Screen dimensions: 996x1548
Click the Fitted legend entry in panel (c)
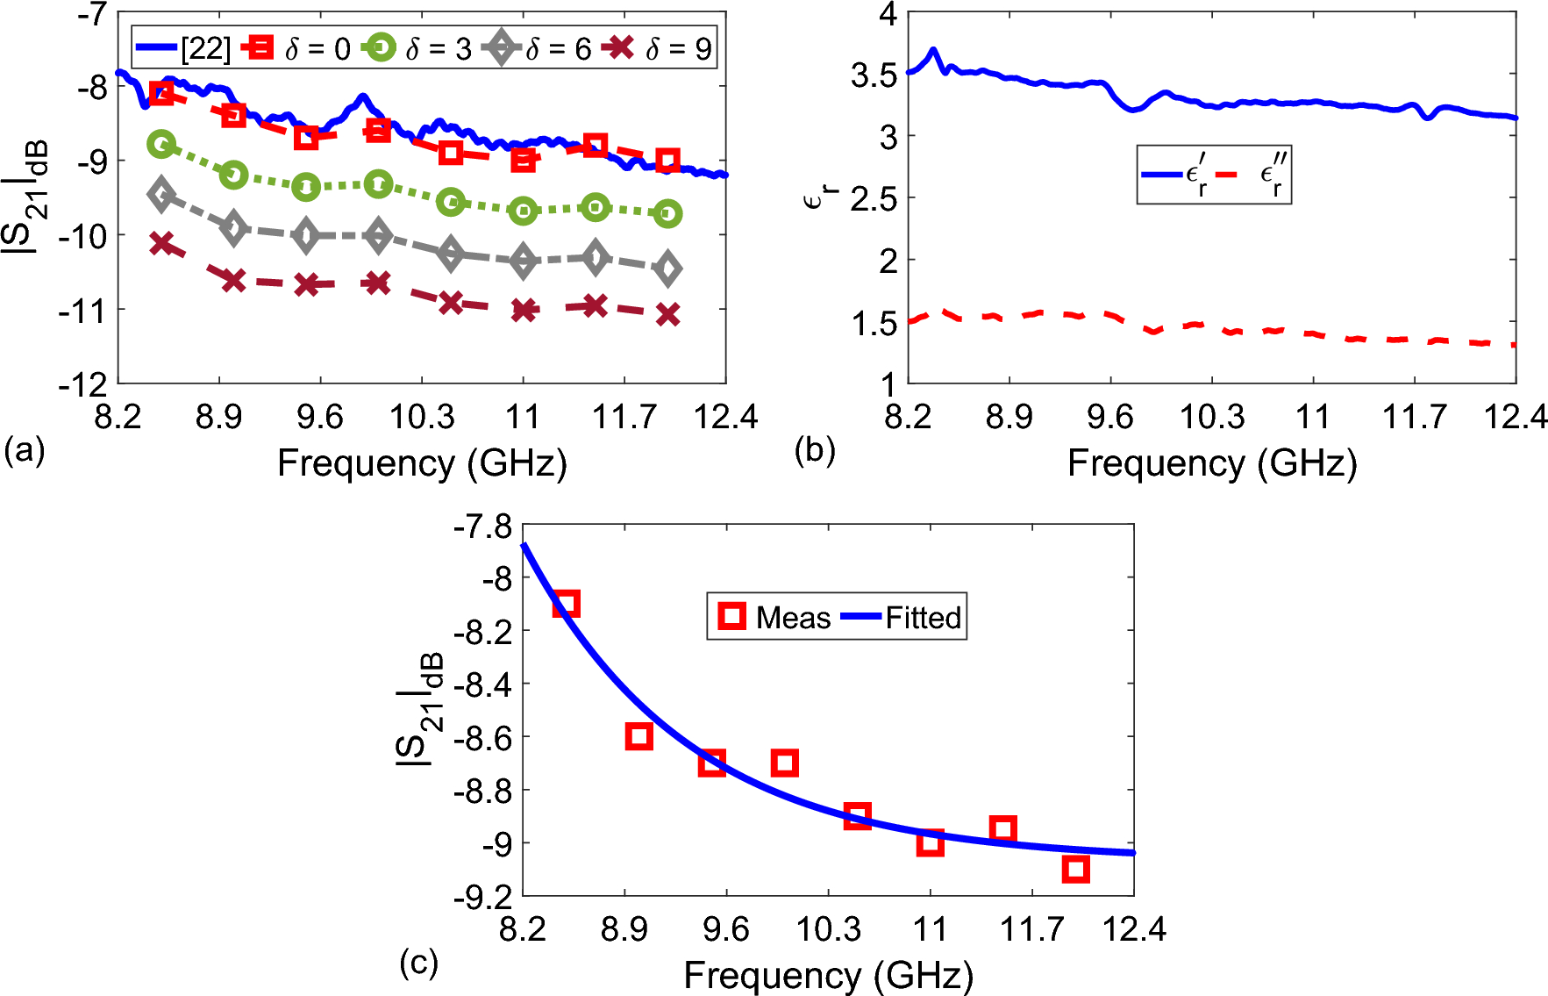click(903, 617)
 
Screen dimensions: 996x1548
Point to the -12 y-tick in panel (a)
click(82, 383)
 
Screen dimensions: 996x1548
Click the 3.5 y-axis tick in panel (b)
click(874, 75)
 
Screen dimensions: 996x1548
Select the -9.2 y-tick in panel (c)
click(482, 896)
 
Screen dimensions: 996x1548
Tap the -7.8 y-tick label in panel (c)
click(482, 526)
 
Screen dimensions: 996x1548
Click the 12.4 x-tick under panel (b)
click(1515, 415)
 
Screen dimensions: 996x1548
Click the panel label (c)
click(418, 963)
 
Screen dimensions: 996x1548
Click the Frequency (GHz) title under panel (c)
click(828, 975)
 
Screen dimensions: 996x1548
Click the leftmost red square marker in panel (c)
click(567, 604)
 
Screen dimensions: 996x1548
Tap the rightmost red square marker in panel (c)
click(1075, 870)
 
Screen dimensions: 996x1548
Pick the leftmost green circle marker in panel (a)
click(161, 144)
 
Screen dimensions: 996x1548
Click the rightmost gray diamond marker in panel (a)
click(667, 269)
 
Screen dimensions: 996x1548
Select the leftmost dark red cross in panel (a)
click(161, 243)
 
